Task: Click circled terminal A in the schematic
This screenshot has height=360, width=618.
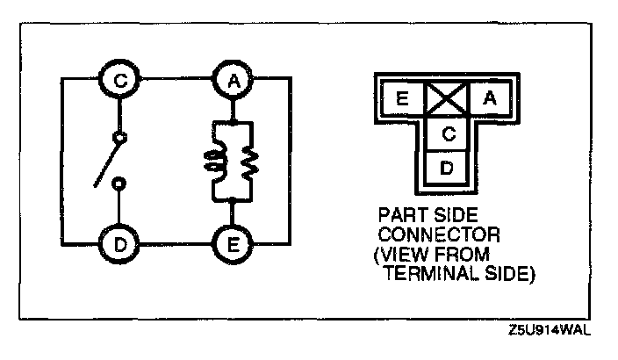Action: click(233, 80)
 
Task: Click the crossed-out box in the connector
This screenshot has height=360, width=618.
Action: click(446, 98)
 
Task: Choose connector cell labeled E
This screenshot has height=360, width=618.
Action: click(402, 98)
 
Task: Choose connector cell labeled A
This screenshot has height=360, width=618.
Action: click(489, 98)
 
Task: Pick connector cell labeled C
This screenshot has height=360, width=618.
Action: click(446, 134)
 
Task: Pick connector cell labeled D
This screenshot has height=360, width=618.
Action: click(446, 167)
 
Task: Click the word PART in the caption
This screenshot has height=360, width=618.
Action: click(399, 213)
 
